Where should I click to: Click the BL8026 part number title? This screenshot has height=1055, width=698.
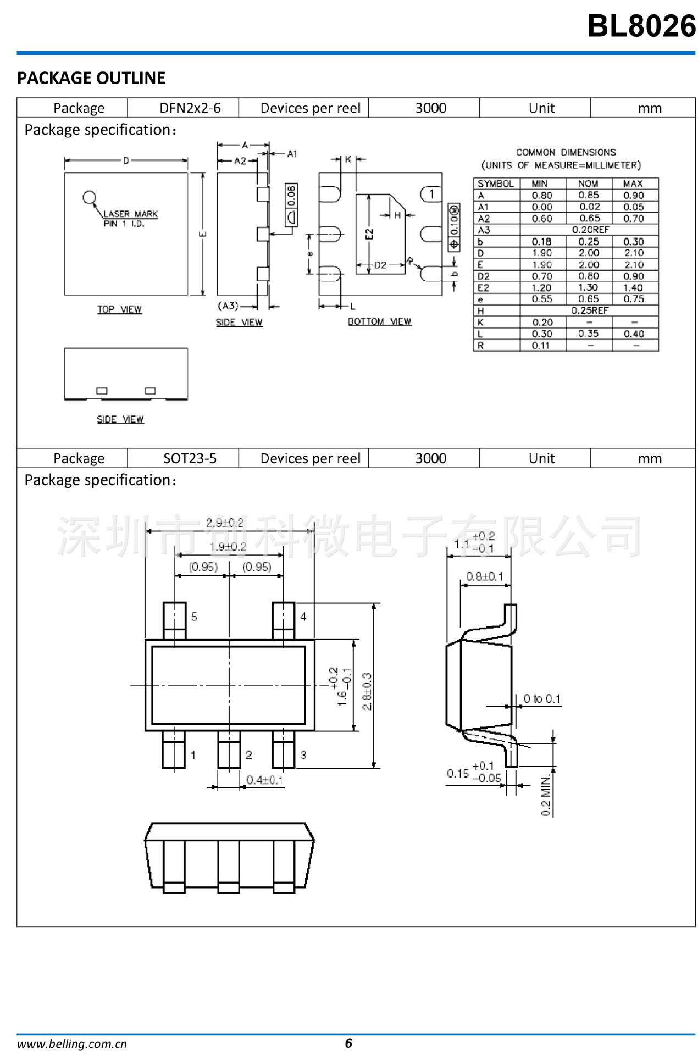tap(641, 26)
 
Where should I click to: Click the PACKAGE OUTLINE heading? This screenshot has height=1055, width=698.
tap(91, 78)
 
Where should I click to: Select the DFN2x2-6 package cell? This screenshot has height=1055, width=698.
tap(190, 108)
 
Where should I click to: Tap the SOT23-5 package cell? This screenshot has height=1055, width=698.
tap(190, 458)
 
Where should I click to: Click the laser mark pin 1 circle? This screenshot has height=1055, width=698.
tap(89, 197)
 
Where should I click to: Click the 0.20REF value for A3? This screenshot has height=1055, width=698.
tap(590, 230)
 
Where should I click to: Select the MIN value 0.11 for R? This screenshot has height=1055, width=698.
tap(541, 346)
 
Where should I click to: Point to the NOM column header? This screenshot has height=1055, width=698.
tap(588, 184)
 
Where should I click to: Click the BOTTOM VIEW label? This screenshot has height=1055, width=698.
tap(379, 321)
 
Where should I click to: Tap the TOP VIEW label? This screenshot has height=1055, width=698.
tap(119, 309)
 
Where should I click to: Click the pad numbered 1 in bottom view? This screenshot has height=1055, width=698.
tap(431, 194)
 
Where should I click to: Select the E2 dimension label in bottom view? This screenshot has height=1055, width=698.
tap(369, 235)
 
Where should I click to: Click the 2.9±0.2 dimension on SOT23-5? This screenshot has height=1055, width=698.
tap(224, 523)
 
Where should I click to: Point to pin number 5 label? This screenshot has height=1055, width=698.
tap(194, 617)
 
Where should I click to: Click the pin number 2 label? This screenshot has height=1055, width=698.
tap(248, 755)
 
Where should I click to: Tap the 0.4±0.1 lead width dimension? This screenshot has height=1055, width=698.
tap(264, 780)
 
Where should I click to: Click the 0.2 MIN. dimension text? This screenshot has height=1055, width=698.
tap(545, 796)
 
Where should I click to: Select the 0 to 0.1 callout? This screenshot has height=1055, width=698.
tap(542, 699)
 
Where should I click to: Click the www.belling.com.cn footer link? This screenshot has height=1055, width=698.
tap(72, 1044)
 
